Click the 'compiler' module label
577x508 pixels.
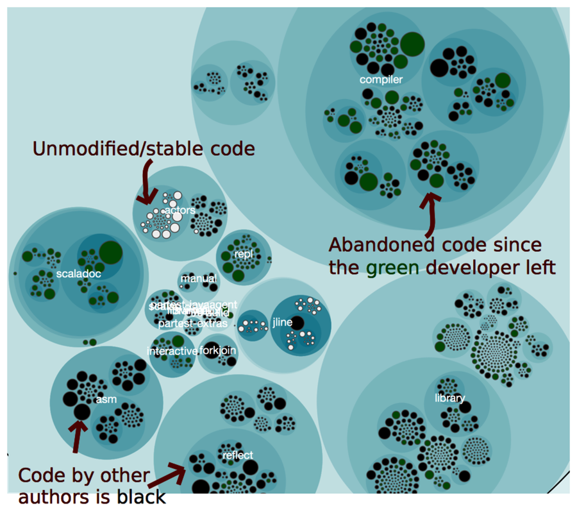tap(381, 80)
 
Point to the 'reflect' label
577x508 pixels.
tap(237, 455)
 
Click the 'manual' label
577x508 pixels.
tap(198, 278)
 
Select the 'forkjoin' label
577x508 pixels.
tap(219, 351)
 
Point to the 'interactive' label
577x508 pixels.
tap(172, 351)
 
